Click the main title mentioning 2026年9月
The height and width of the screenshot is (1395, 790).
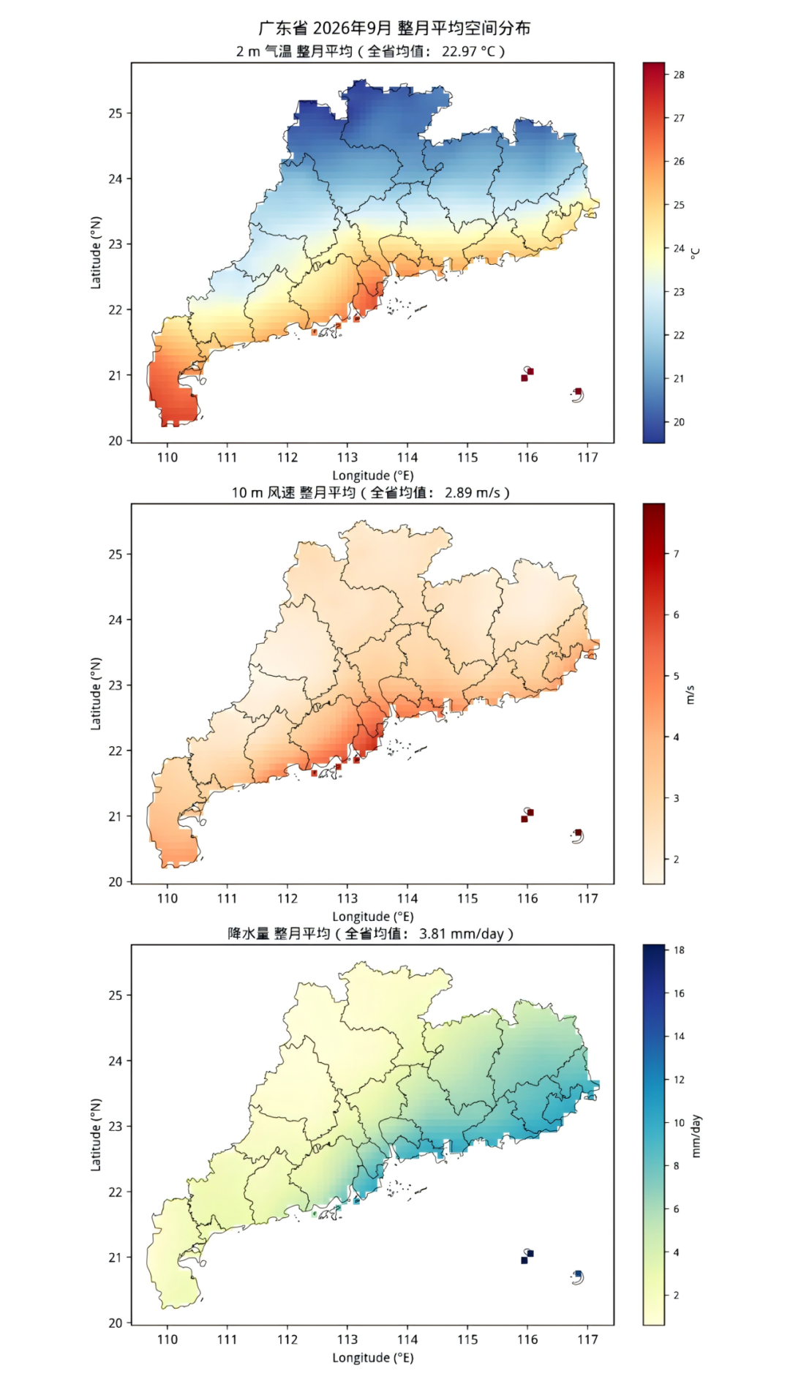pyautogui.click(x=395, y=29)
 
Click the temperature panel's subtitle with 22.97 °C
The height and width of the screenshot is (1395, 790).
pyautogui.click(x=370, y=51)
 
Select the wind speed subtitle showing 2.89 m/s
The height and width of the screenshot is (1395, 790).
pyautogui.click(x=370, y=492)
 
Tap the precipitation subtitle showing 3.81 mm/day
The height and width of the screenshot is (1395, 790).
pyautogui.click(x=370, y=933)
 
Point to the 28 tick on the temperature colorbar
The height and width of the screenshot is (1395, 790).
pyautogui.click(x=679, y=75)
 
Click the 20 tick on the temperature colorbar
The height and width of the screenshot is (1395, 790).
pyautogui.click(x=679, y=422)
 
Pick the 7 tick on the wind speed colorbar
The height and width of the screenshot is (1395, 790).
pyautogui.click(x=676, y=554)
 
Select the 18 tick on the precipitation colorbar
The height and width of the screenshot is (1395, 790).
pyautogui.click(x=679, y=950)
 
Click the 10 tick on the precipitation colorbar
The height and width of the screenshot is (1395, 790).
pyautogui.click(x=679, y=1123)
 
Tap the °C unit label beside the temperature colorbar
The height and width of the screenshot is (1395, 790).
pyautogui.click(x=696, y=253)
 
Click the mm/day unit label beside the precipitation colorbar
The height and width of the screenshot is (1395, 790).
pyautogui.click(x=696, y=1136)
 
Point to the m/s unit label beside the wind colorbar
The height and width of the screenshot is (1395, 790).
pyautogui.click(x=690, y=694)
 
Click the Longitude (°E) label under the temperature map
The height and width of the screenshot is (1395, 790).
pyautogui.click(x=373, y=475)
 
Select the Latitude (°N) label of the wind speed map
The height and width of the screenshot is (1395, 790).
pyautogui.click(x=96, y=693)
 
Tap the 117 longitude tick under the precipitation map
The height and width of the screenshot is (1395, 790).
pyautogui.click(x=587, y=1339)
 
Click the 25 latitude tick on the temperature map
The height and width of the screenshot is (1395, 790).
pyautogui.click(x=116, y=113)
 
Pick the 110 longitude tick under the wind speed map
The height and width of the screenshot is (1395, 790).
pyautogui.click(x=167, y=898)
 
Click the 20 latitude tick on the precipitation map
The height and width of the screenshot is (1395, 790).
pyautogui.click(x=116, y=1323)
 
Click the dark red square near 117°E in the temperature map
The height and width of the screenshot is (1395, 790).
pyautogui.click(x=578, y=391)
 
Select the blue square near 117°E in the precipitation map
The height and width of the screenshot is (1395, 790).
pyautogui.click(x=578, y=1274)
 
